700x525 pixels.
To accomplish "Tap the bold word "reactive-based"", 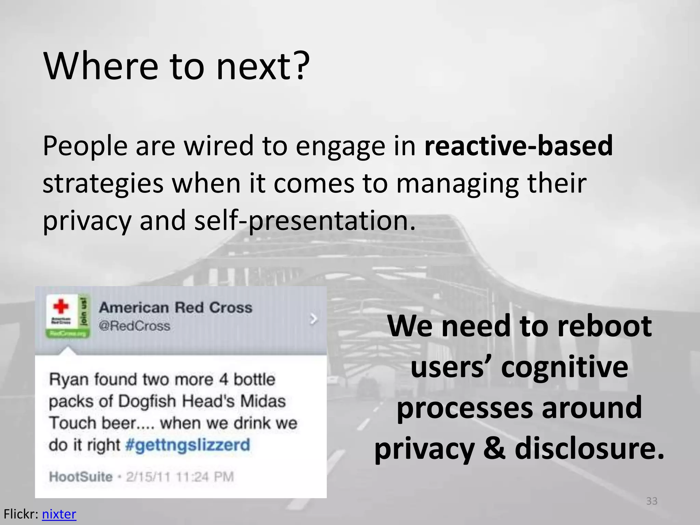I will pyautogui.click(x=518, y=146).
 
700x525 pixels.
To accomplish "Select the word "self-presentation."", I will pyautogui.click(x=305, y=220).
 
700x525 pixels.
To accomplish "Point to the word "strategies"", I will pyautogui.click(x=103, y=184).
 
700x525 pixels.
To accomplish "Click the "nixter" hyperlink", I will pyautogui.click(x=59, y=514).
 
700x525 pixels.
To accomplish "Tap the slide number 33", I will pyautogui.click(x=651, y=501).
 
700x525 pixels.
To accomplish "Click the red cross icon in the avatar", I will pyautogui.click(x=61, y=306).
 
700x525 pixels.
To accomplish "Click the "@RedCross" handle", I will pyautogui.click(x=134, y=326).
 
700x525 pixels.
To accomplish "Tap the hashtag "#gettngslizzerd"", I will pyautogui.click(x=188, y=445).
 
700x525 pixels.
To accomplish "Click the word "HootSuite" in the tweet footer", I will pyautogui.click(x=81, y=477).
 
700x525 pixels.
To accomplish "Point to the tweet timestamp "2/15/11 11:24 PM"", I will pyautogui.click(x=180, y=477).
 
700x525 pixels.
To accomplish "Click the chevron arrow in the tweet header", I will pyautogui.click(x=313, y=319).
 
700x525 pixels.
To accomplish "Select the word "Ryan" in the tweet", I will pyautogui.click(x=69, y=380).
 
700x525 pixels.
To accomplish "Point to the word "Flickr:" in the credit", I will pyautogui.click(x=21, y=514).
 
